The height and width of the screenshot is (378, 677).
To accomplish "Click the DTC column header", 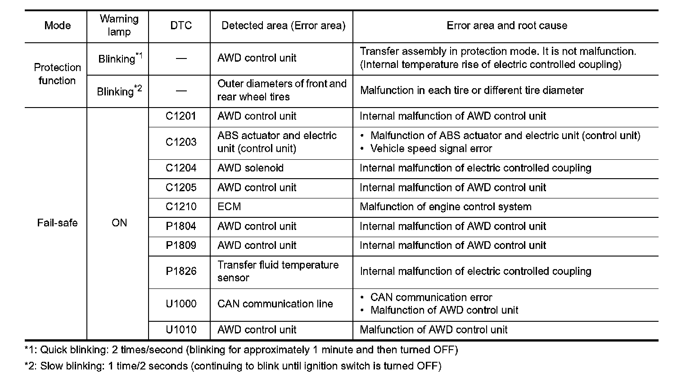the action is coord(181,25).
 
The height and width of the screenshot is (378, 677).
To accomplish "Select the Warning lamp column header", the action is coord(119,25).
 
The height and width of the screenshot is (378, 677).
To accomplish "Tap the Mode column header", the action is coord(57,25).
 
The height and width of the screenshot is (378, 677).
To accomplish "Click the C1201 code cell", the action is coord(181,116).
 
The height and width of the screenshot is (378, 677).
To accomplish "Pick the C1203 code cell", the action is coord(181,142).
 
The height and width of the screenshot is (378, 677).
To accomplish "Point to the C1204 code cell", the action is coord(181,168).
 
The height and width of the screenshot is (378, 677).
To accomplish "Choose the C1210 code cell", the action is coord(181,207).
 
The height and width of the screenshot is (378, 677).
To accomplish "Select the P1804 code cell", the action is coord(181,226).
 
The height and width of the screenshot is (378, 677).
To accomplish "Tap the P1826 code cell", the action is coord(181,271).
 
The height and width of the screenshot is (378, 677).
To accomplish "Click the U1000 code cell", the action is coord(181,304).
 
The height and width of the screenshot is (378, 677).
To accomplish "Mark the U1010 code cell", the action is coord(181,329).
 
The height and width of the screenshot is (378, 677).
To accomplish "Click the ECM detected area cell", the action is coord(229,207).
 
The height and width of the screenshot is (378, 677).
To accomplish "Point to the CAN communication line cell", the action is coord(275,304).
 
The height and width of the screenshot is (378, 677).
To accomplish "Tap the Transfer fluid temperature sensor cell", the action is coord(277,271).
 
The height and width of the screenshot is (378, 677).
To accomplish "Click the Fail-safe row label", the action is coord(57,223).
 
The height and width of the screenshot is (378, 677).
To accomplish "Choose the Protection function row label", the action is coord(57,74).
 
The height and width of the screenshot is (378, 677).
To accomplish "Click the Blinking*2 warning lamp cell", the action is coord(119,91).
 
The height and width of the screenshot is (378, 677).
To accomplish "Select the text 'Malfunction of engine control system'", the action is coord(445,207).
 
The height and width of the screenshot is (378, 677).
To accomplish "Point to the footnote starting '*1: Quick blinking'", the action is coord(241,350).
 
